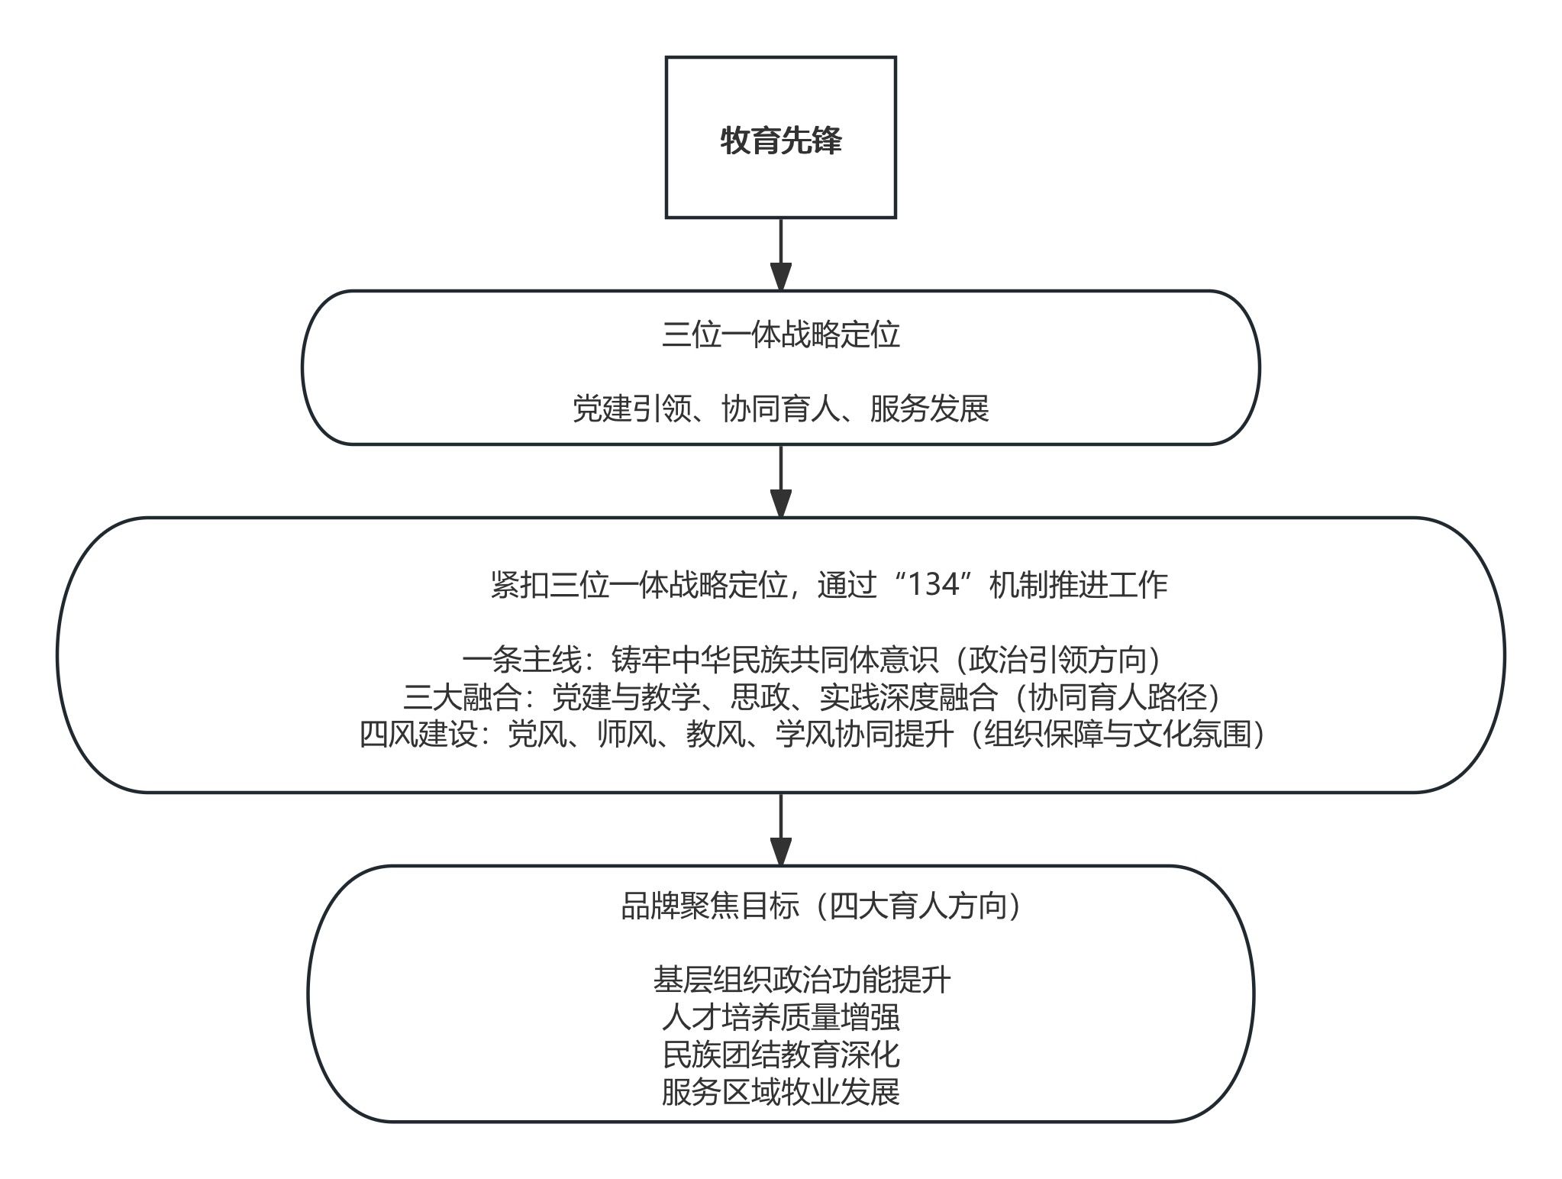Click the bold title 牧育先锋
coord(780,141)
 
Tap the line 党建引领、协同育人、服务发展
coord(780,409)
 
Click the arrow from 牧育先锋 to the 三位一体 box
coord(780,254)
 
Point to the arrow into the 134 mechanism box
coord(780,481)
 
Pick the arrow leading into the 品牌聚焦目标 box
coord(780,829)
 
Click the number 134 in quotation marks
coord(930,585)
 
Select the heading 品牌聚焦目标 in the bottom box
coord(710,906)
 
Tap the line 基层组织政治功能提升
coord(802,980)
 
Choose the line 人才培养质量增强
coord(780,1017)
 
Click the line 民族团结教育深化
coord(780,1055)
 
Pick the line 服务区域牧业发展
coord(780,1092)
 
